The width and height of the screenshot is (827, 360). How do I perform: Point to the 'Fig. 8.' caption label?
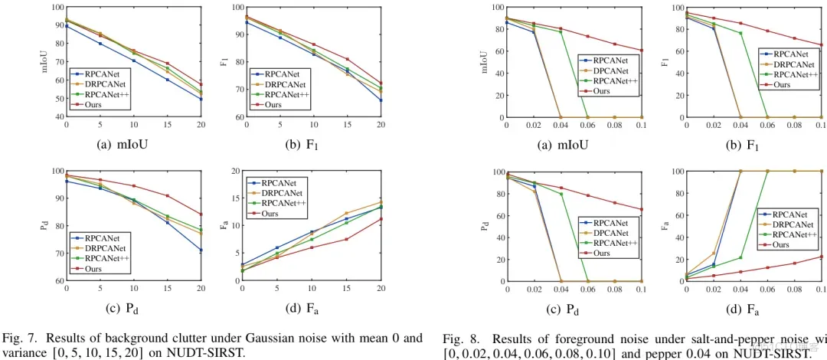(458, 338)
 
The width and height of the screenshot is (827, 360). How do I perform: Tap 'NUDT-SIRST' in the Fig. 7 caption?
(212, 352)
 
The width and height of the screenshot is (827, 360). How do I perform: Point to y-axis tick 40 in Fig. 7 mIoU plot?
(57, 117)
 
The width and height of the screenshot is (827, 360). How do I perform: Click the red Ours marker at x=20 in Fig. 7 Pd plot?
(201, 214)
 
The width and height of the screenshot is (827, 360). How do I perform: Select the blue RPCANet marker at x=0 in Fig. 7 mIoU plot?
(67, 26)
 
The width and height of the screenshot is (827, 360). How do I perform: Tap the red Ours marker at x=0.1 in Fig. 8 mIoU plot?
(642, 51)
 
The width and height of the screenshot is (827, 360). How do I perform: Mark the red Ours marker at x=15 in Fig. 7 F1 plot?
(347, 59)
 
